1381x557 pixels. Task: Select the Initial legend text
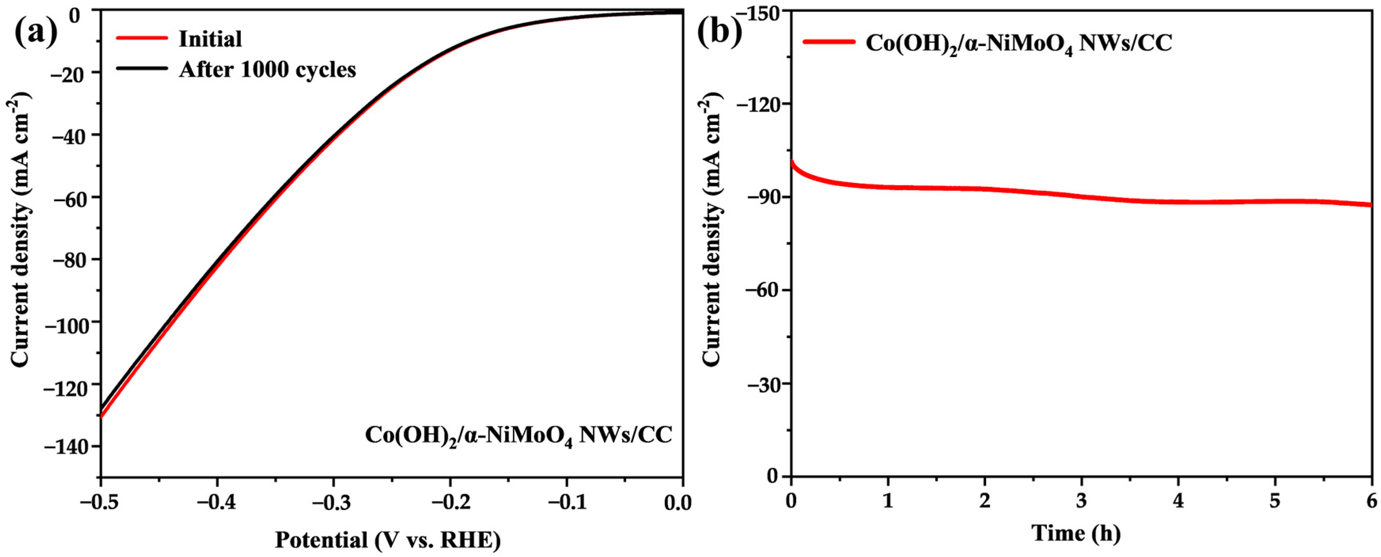tap(210, 39)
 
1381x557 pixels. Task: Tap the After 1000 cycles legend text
tap(267, 70)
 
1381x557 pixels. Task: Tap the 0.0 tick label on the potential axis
tap(677, 503)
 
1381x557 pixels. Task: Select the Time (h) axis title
tap(1075, 534)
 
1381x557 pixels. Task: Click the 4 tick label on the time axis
tap(1178, 501)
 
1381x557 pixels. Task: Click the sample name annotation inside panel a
tap(518, 435)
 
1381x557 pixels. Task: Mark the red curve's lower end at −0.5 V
tap(101, 416)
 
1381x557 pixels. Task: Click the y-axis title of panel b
tap(712, 232)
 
